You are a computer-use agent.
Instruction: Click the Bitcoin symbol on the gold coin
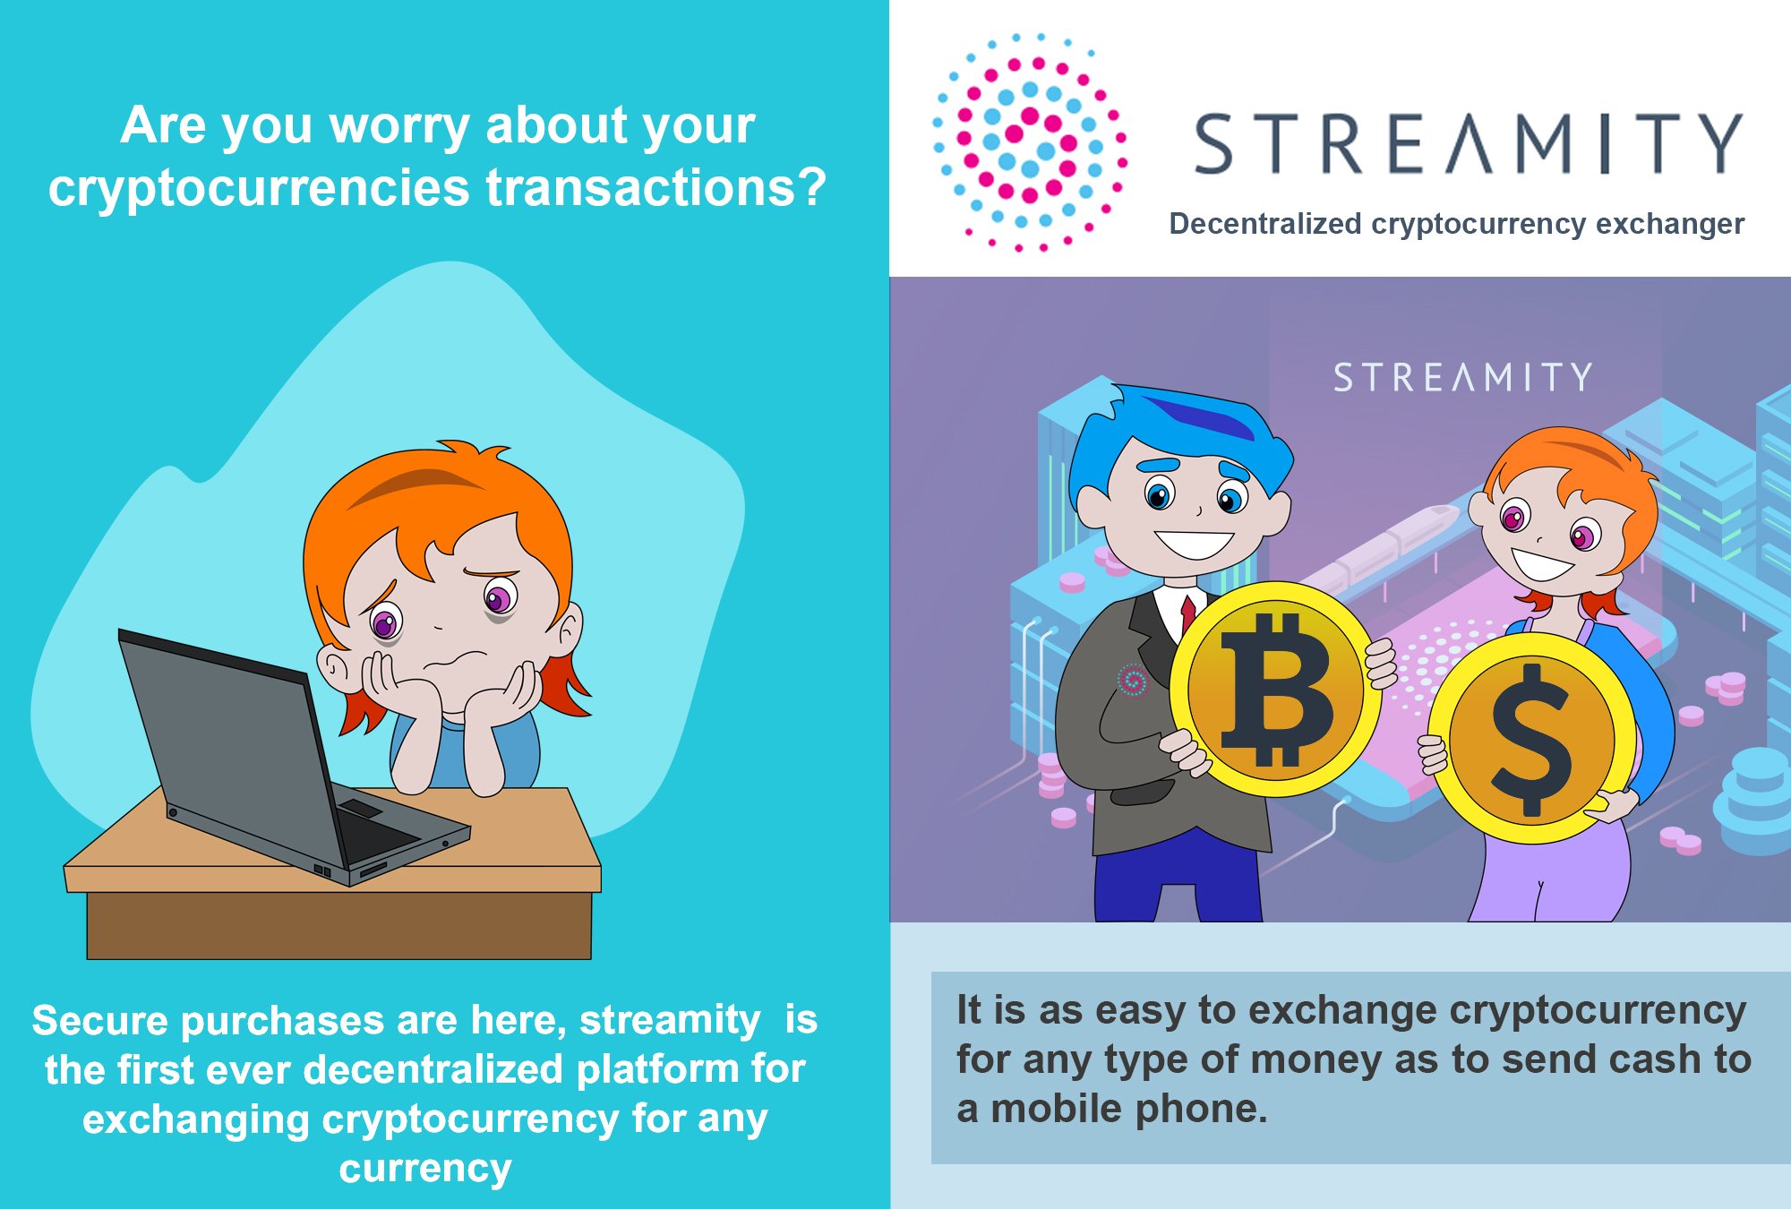pos(1276,689)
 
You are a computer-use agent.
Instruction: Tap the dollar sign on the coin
pos(1532,739)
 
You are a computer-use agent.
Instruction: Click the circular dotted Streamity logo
pos(1029,141)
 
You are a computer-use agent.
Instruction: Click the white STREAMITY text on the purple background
pos(1462,377)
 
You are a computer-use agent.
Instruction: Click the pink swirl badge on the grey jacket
pos(1133,681)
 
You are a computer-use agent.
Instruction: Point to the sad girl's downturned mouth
pos(453,662)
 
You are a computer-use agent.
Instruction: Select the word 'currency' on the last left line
pos(425,1169)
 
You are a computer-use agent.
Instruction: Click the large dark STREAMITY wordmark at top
pos(1469,143)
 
